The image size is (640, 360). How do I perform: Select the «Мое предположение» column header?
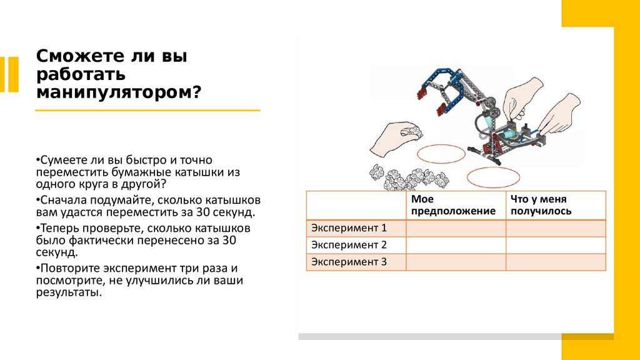pos(453,205)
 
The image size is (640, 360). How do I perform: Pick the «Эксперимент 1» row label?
pos(349,228)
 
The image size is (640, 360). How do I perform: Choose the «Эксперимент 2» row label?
pos(349,245)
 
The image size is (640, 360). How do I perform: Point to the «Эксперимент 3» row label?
pos(349,262)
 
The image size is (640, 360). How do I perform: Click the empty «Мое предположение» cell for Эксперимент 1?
pos(456,228)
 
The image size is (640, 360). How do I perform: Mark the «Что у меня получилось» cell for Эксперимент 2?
pos(556,245)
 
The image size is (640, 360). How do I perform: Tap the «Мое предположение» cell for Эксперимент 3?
pos(456,262)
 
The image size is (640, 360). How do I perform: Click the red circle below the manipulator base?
pos(492,176)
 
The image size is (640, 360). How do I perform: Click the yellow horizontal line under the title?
pos(147,111)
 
